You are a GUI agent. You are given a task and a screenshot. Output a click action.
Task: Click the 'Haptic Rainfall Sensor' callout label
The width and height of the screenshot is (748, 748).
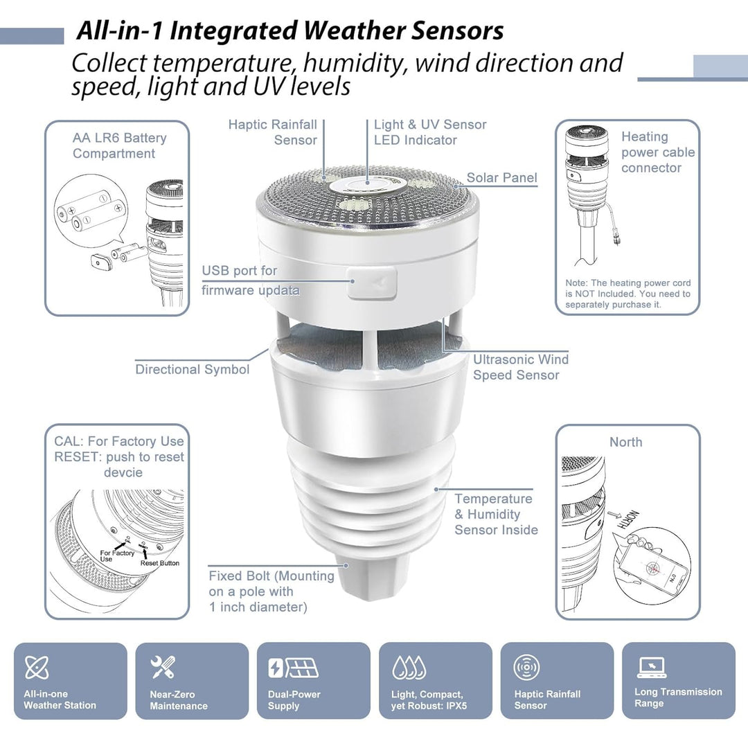(273, 132)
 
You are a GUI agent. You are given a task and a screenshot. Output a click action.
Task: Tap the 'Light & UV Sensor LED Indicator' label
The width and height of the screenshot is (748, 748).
(429, 132)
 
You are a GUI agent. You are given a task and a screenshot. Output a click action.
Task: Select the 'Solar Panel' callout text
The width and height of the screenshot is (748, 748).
(501, 178)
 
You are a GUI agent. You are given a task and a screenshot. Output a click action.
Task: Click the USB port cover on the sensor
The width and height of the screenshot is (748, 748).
(372, 282)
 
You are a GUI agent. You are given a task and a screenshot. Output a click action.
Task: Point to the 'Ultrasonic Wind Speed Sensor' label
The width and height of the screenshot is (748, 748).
(520, 367)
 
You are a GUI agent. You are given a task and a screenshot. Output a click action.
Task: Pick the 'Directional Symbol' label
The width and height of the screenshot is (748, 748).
(192, 369)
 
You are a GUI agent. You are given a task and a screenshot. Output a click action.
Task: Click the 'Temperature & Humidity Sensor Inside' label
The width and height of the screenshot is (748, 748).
(495, 515)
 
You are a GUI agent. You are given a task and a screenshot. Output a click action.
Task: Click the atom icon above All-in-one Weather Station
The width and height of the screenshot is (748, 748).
(36, 668)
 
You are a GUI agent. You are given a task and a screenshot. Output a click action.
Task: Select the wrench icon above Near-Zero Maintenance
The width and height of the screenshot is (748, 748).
(163, 668)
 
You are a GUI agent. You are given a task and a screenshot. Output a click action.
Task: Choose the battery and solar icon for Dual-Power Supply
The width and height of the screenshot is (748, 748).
(293, 668)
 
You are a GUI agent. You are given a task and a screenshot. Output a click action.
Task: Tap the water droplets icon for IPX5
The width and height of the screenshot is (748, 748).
(409, 668)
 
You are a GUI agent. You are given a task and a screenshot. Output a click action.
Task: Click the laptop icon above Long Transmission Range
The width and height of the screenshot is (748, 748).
(651, 667)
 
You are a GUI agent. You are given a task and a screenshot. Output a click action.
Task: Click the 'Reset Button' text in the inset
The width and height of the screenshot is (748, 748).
(159, 563)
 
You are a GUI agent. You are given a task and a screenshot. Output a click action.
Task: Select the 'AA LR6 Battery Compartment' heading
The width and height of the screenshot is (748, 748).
(119, 145)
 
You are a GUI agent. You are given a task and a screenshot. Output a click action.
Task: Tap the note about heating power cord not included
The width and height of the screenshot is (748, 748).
(627, 294)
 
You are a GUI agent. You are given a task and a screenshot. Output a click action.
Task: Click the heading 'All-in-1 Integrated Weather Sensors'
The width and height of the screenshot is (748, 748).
(290, 31)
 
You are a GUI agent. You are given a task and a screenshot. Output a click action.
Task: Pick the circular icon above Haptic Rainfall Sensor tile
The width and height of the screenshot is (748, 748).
(526, 668)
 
